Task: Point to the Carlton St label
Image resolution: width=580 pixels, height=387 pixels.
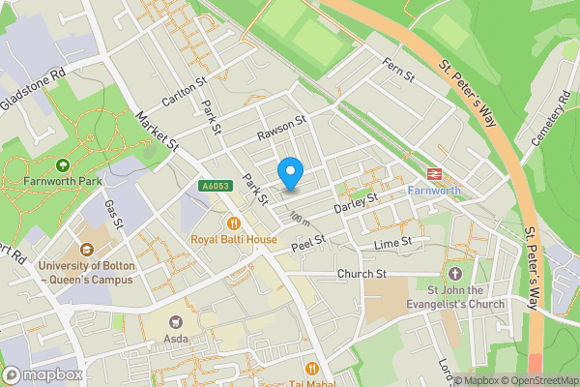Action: [186, 93]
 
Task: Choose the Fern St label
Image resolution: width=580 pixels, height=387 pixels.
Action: [397, 71]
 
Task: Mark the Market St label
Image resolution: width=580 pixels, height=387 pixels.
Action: [158, 130]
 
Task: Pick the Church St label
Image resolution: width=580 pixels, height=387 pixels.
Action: [362, 274]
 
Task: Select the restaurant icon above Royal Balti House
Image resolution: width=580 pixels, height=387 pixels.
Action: [233, 223]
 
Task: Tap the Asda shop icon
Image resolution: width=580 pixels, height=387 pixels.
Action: [175, 322]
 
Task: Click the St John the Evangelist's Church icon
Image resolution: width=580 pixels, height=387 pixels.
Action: [455, 273]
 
